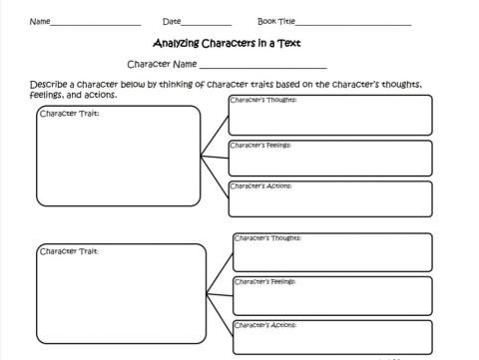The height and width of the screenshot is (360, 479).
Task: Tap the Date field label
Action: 172,21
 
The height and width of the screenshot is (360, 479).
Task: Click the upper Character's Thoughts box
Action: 330,115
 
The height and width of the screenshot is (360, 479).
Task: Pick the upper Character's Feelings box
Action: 330,158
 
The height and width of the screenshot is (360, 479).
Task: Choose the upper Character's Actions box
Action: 330,198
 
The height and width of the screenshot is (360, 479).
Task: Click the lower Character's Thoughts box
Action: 332,252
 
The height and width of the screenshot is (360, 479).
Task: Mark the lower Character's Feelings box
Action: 332,295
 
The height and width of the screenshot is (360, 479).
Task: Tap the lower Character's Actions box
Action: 332,336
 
